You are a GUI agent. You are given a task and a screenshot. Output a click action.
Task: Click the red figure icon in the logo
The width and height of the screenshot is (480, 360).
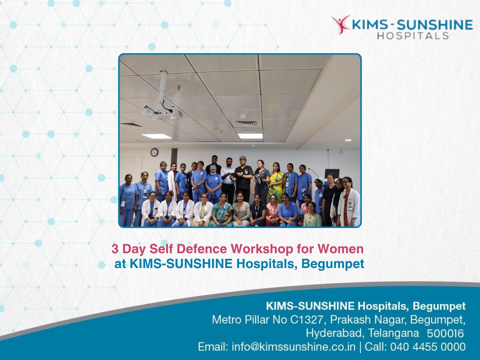(340, 24)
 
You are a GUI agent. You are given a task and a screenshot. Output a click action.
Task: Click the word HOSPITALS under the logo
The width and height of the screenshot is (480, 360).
(413, 36)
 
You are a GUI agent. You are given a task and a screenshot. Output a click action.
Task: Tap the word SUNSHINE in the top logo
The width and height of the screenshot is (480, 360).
(435, 25)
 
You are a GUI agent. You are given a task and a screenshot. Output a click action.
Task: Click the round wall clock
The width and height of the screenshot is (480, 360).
(154, 152)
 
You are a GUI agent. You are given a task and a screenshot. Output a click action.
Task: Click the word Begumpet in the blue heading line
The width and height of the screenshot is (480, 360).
(333, 264)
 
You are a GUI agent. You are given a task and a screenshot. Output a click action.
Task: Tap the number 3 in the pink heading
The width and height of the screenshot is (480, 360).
(115, 249)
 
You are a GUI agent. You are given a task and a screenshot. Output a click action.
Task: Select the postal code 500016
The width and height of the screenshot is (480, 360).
(445, 334)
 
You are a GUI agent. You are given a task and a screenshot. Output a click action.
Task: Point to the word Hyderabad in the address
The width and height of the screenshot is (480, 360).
(335, 334)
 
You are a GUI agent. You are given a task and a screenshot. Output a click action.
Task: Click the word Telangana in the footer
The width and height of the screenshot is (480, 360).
(394, 334)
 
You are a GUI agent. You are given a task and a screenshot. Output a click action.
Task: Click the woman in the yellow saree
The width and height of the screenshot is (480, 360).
(277, 182)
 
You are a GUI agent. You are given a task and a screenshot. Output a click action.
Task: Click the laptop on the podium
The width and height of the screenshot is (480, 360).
(332, 173)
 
